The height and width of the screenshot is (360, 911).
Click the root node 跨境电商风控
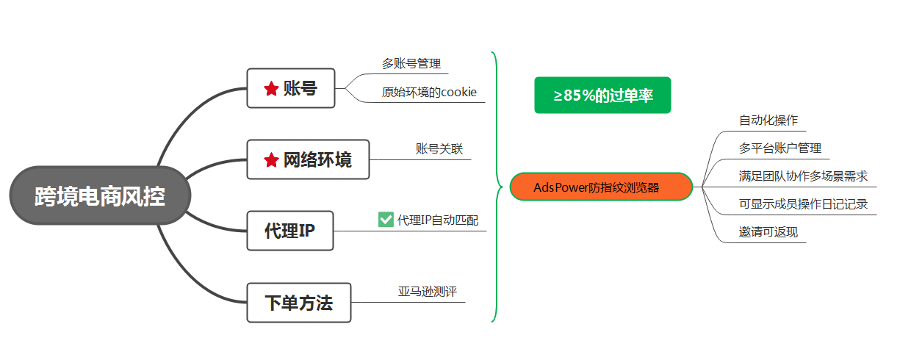[100, 197]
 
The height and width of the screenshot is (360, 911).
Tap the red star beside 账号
[271, 89]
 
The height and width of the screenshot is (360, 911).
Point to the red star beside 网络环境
[271, 159]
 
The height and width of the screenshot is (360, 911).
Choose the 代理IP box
[290, 231]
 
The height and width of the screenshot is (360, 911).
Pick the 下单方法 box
[298, 302]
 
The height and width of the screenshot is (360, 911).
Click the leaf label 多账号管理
[411, 64]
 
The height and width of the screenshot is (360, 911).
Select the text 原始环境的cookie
[429, 93]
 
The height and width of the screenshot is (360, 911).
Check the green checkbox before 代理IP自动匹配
[386, 219]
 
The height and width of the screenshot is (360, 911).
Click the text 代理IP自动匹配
[438, 220]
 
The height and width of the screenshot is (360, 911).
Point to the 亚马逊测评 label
[428, 292]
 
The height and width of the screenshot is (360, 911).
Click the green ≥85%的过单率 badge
[602, 96]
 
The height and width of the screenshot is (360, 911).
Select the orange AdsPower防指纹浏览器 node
[601, 187]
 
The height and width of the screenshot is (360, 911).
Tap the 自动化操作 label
[768, 120]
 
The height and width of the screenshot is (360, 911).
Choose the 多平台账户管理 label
[780, 148]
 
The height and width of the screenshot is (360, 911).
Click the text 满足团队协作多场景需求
[804, 176]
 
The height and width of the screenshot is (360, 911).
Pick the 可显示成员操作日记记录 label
[804, 204]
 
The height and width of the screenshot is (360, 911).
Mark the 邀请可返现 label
[768, 233]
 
